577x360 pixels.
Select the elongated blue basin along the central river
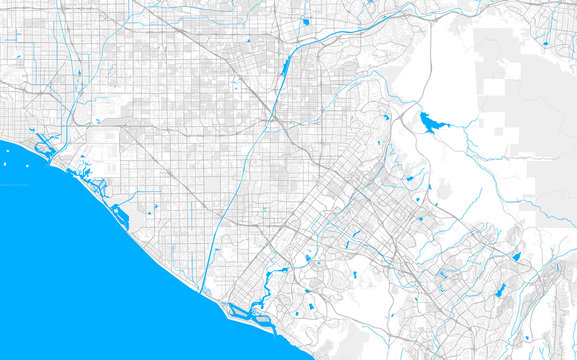286,68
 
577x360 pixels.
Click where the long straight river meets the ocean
204,293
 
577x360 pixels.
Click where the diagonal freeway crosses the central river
272,119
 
